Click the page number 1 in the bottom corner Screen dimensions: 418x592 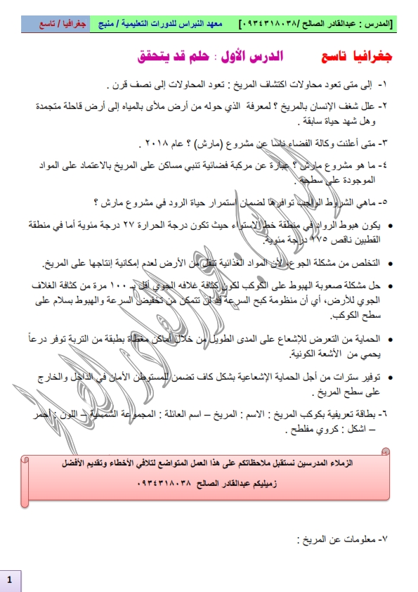pyautogui.click(x=9, y=580)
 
